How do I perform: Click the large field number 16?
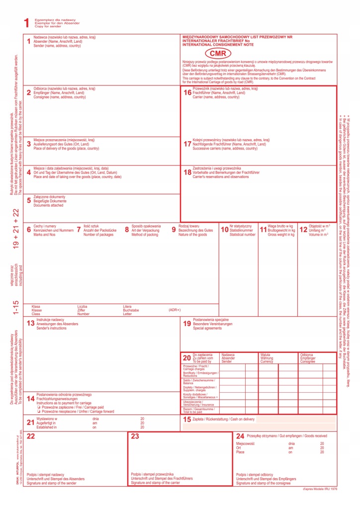[187, 92]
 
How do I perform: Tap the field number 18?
[187, 172]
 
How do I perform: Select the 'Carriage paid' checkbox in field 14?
[38, 407]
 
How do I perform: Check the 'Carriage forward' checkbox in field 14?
[38, 412]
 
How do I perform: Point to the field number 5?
[29, 201]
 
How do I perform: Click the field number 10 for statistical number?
[224, 230]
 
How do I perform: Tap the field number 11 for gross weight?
[263, 230]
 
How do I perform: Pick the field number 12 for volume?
[303, 230]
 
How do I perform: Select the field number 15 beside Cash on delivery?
[186, 420]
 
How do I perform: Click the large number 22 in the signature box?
[30, 436]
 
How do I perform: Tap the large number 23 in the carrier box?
[135, 436]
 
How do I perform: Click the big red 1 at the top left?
[26, 22]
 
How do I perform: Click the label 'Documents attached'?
[48, 205]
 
